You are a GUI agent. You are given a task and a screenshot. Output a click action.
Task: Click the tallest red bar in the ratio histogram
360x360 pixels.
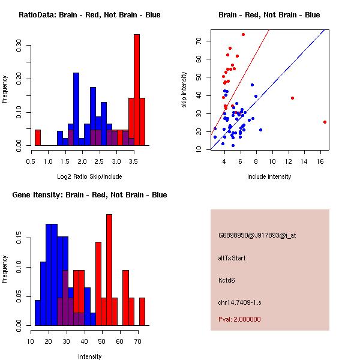point(137,90)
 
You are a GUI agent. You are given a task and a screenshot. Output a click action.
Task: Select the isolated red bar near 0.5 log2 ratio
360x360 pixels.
point(38,137)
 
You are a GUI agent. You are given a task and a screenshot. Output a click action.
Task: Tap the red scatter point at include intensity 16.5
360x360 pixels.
point(325,122)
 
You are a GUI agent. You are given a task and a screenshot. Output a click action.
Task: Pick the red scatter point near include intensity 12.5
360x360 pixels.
point(292,98)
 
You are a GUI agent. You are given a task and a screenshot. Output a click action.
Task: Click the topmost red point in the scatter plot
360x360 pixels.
point(243,34)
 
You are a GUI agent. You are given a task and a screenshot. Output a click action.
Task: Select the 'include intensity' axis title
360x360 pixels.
point(269,176)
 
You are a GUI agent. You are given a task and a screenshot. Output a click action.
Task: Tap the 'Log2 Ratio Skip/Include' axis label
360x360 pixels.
point(89,176)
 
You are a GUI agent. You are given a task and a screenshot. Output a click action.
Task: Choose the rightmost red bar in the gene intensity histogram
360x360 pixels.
point(142,311)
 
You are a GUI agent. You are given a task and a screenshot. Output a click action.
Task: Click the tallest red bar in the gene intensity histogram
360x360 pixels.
point(109,270)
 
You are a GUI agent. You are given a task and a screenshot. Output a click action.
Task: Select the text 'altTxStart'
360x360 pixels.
point(232,258)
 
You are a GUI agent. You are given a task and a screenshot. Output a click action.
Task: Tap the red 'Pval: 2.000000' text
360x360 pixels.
point(239,319)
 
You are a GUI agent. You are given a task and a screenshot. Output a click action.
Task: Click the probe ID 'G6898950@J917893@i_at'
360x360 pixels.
point(257,235)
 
